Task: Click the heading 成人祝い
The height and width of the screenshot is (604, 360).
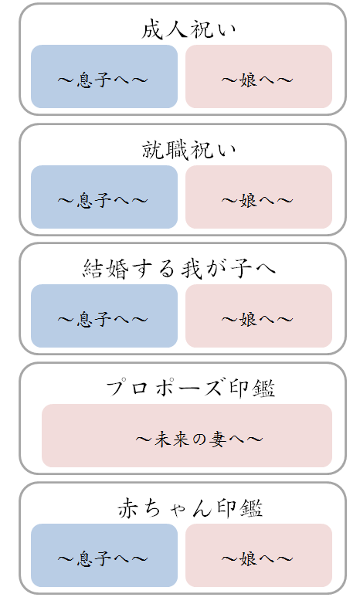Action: pos(188,29)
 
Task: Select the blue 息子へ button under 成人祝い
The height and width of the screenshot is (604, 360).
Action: pos(104,76)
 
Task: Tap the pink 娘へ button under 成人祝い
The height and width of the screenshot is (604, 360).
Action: pos(259,76)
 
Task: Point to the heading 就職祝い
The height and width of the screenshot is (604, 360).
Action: pos(188,150)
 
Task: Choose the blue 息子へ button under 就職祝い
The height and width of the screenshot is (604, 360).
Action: pos(104,197)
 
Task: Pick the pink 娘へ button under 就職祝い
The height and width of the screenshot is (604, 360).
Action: pos(259,197)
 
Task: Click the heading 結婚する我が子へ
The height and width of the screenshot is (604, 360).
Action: pos(179,269)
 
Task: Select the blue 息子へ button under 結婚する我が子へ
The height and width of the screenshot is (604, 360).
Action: pos(104,316)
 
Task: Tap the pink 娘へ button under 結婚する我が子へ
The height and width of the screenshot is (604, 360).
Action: pos(259,316)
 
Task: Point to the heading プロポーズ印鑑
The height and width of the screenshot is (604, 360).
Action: pos(190,388)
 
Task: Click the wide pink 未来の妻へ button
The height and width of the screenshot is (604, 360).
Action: pos(187,436)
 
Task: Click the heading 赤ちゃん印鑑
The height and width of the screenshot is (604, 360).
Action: pos(190,508)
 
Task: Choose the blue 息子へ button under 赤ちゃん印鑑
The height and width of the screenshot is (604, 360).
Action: pos(104,555)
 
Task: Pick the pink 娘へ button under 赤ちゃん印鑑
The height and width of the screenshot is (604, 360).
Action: pos(259,555)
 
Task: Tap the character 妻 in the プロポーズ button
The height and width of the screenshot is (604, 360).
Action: pos(218,439)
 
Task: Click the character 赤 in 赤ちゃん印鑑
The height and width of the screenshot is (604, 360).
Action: pos(127,508)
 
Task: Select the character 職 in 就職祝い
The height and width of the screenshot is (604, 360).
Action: pos(177,150)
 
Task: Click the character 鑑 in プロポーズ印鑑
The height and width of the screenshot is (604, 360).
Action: pos(264,389)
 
